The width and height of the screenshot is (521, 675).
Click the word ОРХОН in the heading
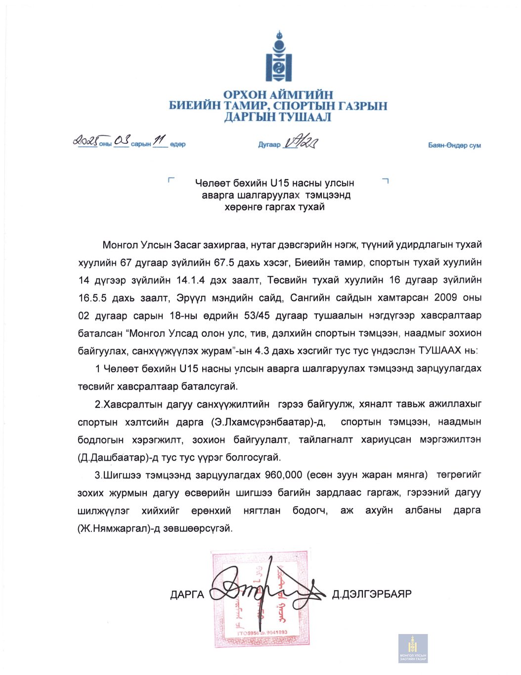coord(244,95)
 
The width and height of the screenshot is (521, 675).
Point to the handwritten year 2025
coord(85,141)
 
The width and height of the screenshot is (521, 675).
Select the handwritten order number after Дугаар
coord(301,142)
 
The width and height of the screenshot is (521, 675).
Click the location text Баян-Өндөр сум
coord(454,145)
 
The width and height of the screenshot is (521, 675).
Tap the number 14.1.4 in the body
coord(190,280)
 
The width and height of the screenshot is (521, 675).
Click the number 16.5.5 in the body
coord(92,298)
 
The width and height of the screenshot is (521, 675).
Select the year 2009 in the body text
coord(445,298)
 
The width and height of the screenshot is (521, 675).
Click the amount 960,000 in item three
coord(283,476)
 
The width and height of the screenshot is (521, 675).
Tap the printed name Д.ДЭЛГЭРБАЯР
coord(372,594)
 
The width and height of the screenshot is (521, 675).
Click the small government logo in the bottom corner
coord(413,648)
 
